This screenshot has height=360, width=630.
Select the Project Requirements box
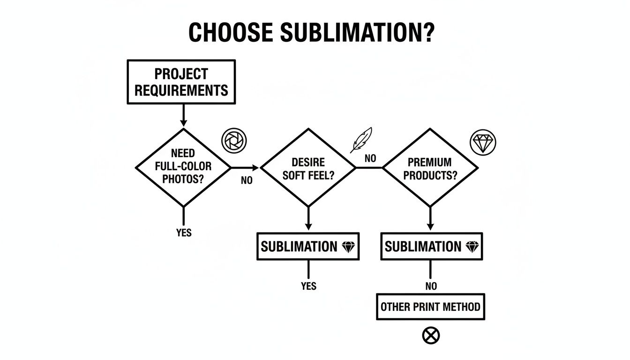181,82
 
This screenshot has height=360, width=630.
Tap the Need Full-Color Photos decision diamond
183,167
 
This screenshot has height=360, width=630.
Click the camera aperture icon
233,140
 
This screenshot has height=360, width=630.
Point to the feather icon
361,140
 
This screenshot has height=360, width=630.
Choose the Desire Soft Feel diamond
308,168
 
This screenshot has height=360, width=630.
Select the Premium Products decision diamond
430,168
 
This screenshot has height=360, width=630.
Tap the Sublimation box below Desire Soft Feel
308,247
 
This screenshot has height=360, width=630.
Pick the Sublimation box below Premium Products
431,247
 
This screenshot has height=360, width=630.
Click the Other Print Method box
430,307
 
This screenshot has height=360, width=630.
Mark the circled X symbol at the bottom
431,335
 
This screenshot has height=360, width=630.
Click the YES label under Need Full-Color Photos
184,233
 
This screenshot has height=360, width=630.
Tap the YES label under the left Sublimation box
308,286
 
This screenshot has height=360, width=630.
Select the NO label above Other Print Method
431,286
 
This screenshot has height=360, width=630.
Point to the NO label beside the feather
370,158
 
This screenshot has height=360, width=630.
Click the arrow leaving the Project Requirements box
183,115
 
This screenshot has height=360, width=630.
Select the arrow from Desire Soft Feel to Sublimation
308,218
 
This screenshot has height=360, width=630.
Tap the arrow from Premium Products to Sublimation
430,218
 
